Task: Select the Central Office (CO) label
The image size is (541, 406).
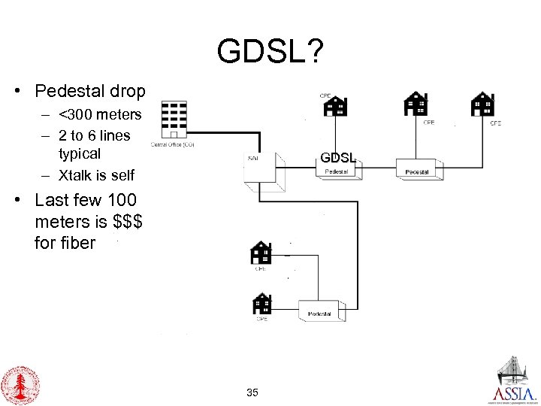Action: click(x=174, y=144)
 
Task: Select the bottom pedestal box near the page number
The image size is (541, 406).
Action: click(x=322, y=314)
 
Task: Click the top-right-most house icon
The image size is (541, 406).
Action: click(x=482, y=105)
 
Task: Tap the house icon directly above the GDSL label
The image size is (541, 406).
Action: click(x=334, y=107)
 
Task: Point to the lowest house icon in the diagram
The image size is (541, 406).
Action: click(x=261, y=303)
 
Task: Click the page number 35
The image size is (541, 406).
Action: click(x=252, y=392)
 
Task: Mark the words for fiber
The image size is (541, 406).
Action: click(x=65, y=243)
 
